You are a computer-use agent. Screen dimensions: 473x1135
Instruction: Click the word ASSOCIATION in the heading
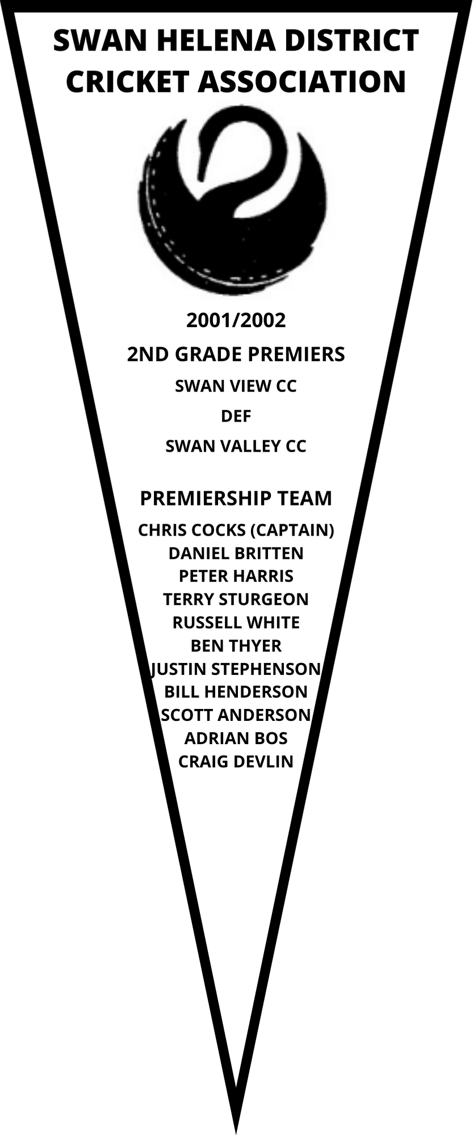[302, 82]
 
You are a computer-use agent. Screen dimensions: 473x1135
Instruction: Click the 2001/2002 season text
[236, 321]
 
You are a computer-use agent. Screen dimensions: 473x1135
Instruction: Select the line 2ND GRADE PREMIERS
[236, 354]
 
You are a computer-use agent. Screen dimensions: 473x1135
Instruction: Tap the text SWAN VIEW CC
[236, 386]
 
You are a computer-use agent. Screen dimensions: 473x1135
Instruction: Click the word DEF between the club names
[236, 416]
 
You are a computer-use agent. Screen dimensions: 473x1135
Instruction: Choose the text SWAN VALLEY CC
[236, 447]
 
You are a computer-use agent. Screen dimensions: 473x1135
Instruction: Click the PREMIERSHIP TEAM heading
[236, 498]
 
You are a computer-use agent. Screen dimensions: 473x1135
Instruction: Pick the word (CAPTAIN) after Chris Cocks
[292, 531]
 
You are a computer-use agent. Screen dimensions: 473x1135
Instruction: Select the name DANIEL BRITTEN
[236, 553]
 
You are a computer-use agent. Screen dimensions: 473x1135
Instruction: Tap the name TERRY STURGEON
[236, 599]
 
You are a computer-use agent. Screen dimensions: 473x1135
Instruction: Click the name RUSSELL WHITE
[236, 623]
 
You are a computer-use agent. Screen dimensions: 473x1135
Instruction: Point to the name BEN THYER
[236, 646]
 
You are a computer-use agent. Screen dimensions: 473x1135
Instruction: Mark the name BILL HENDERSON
[236, 692]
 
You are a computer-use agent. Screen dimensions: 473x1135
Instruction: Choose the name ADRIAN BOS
[236, 738]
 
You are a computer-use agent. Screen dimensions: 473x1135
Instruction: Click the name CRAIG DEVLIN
[236, 762]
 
